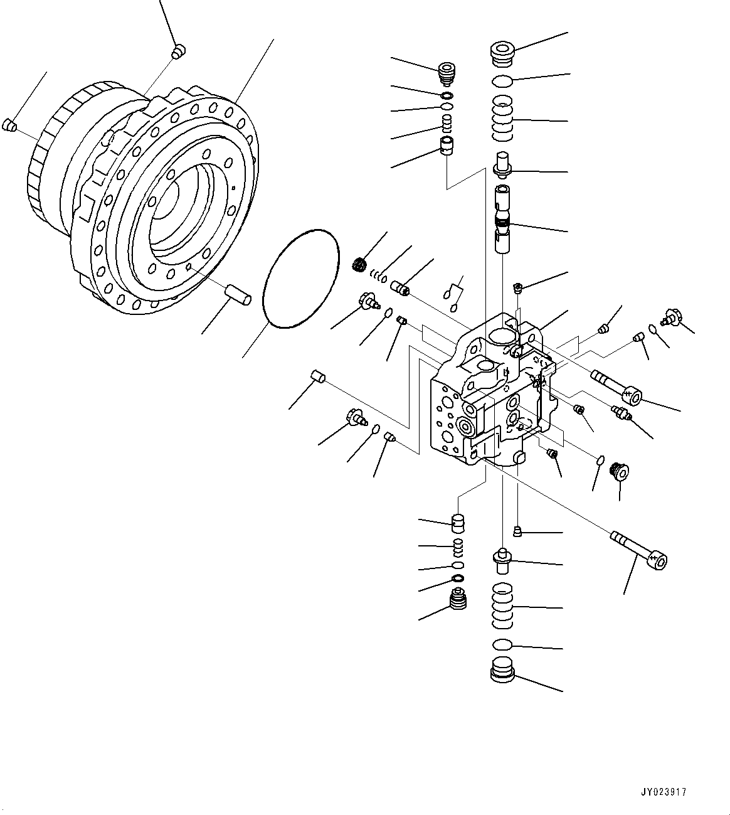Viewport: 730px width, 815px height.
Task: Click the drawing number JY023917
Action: coord(664,792)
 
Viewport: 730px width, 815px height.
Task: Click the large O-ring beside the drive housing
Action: coord(300,278)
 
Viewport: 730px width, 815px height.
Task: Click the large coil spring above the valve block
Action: coord(502,118)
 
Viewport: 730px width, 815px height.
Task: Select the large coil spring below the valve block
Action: coord(502,605)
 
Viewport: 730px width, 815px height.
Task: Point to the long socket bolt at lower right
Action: coord(639,550)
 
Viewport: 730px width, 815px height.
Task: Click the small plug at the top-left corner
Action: coord(178,51)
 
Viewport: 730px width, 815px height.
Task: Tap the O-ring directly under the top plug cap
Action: coord(502,80)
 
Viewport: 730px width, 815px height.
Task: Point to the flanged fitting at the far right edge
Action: coord(672,317)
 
